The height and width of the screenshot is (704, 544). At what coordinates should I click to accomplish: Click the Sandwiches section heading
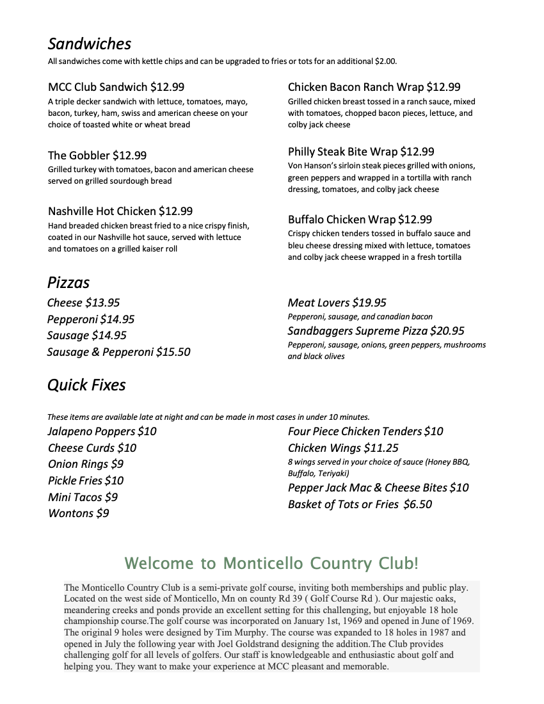[89, 44]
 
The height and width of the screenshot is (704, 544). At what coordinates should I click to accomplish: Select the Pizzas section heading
[68, 282]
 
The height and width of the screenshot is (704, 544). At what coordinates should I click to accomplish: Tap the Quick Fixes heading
[86, 385]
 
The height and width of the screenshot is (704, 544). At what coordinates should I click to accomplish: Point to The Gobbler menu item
[79, 156]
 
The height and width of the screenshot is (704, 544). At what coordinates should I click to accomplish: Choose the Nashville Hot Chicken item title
[102, 211]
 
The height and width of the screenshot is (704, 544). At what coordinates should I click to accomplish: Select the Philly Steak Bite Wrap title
[343, 152]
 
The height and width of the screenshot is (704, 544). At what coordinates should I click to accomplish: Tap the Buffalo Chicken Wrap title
[342, 220]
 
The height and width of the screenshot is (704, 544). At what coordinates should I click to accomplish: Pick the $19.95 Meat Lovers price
[369, 303]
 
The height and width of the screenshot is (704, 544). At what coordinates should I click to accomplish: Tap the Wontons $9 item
[78, 513]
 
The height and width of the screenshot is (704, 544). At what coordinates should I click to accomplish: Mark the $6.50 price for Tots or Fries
[417, 504]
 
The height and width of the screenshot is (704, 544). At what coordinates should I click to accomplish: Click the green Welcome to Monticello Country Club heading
[271, 563]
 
